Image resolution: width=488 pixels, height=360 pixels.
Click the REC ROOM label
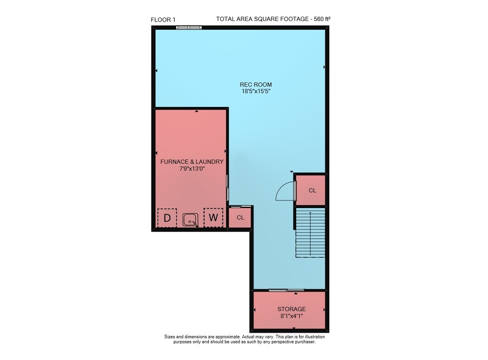tap(256, 85)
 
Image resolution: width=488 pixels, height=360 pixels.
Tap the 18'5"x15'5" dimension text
tap(256, 91)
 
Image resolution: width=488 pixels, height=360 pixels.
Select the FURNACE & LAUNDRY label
tap(192, 162)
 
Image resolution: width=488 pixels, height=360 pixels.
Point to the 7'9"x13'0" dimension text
tap(192, 169)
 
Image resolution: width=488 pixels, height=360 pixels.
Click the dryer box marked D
tap(167, 218)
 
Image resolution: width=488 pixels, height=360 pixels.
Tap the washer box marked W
tap(213, 217)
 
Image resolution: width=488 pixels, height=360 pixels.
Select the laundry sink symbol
tap(190, 220)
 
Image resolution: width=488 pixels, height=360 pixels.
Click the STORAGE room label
tap(292, 309)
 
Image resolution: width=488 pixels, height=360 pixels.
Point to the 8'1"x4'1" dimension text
tap(292, 316)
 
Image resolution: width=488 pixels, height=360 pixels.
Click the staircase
tap(310, 233)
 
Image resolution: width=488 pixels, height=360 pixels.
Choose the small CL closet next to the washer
tap(240, 217)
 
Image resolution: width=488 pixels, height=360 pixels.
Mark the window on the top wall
tap(189, 27)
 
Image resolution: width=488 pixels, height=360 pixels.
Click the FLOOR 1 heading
tap(163, 20)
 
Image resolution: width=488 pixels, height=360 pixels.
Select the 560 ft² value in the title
tap(322, 19)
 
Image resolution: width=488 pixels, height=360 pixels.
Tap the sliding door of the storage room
tap(286, 290)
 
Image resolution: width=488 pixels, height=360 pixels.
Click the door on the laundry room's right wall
tap(227, 188)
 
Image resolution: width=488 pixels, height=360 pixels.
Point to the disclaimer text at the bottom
tap(244, 339)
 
